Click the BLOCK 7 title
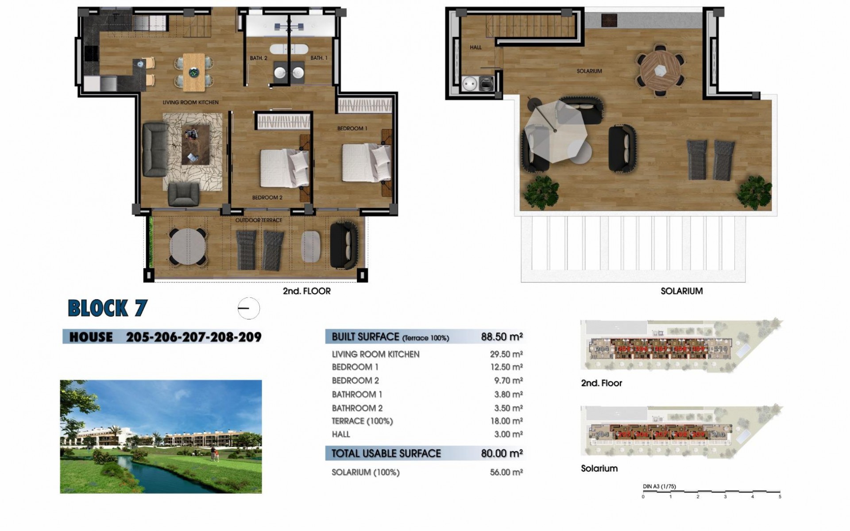pos(107,308)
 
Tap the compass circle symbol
pos(248,308)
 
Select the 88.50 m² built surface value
pos(502,337)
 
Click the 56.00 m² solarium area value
pos(506,472)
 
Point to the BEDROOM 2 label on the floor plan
pos(267,197)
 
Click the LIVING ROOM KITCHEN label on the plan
pos(190,102)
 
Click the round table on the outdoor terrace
pos(188,247)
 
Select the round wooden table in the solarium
pos(660,70)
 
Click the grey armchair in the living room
pos(183,194)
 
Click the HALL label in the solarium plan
pos(475,47)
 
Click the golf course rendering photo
pos(161,436)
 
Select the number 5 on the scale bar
pos(780,496)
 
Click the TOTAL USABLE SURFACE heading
pos(386,454)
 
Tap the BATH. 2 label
pos(259,58)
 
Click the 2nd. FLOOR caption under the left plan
pos(306,291)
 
